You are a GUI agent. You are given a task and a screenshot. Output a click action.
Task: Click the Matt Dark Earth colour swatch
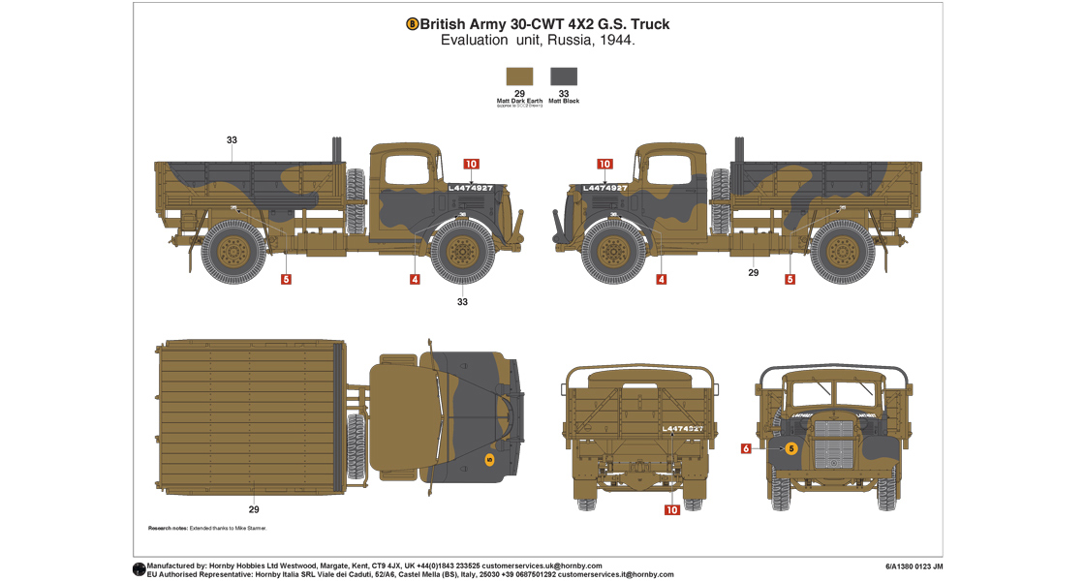[519, 76]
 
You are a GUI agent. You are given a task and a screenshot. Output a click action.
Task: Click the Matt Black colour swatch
[564, 76]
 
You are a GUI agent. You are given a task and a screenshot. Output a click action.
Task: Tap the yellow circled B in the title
[412, 24]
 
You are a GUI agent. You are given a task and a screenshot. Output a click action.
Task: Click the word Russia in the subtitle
[572, 41]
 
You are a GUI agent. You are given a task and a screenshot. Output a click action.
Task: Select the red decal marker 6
[746, 448]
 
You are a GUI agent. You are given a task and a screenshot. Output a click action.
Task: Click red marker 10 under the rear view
[671, 509]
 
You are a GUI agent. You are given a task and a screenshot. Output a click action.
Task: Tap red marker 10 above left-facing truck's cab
[604, 165]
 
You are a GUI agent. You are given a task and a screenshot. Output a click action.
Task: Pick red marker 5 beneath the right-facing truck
[286, 280]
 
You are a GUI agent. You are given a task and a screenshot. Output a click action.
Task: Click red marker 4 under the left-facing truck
[662, 280]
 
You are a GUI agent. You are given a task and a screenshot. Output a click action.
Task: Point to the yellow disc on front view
[790, 448]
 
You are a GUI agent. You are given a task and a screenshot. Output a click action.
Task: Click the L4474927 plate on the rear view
[681, 428]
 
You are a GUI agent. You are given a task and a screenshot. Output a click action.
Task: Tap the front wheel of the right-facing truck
[462, 251]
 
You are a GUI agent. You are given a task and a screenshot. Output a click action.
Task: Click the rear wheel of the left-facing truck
[842, 251]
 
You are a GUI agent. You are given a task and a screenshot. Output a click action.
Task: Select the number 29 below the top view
[254, 509]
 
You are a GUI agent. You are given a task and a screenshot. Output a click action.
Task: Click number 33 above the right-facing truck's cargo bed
[232, 140]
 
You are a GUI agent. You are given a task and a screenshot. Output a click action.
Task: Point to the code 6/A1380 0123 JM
[914, 566]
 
